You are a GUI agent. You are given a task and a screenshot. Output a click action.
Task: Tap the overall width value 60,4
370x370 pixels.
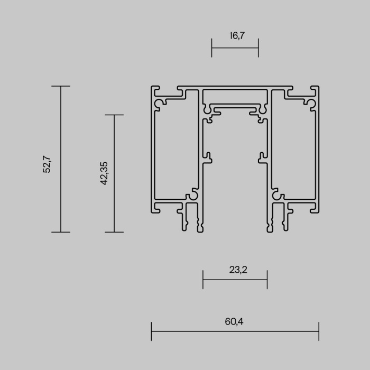tap(235, 321)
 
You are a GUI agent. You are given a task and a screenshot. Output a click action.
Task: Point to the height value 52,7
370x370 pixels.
tap(47, 164)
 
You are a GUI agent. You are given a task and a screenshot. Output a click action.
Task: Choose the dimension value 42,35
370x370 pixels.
tap(104, 173)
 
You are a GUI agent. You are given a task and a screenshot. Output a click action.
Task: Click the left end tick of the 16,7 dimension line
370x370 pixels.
tap(212, 48)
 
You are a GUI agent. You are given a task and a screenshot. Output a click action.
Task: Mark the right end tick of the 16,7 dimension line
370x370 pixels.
tap(258, 48)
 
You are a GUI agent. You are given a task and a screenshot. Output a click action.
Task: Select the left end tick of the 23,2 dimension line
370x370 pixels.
tap(203, 280)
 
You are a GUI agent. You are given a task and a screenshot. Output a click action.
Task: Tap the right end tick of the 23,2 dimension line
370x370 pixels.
tap(267, 280)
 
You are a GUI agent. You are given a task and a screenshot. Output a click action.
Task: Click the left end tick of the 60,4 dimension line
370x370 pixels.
tap(152, 331)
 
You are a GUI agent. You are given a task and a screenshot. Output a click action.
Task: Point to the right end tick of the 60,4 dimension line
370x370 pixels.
tap(319, 331)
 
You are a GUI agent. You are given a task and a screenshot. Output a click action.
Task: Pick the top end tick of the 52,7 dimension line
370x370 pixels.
tap(61, 86)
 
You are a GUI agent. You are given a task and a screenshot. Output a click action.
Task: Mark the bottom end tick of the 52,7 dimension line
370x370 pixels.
tap(61, 232)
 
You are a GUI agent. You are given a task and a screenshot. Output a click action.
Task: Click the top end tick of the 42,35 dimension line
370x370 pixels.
tap(114, 115)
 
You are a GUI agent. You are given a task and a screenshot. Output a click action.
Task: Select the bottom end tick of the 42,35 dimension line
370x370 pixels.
tap(114, 232)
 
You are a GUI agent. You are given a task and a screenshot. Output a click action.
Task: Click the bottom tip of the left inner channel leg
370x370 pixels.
tap(200, 230)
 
